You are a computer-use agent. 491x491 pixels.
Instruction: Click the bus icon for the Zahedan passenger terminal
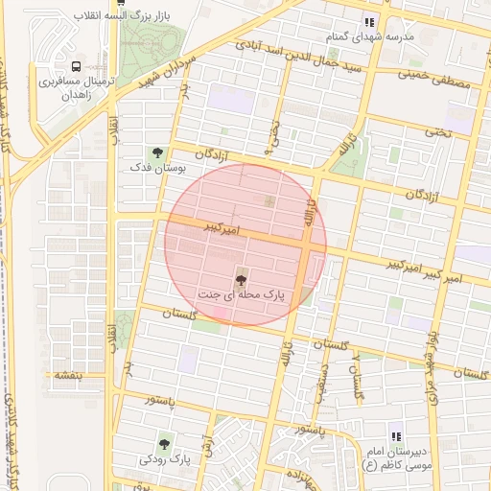tap(76, 66)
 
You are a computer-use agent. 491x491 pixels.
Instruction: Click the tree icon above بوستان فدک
tap(156, 152)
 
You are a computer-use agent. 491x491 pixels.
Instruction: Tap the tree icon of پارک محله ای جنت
tap(240, 280)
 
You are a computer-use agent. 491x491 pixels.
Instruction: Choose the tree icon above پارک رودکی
tap(165, 444)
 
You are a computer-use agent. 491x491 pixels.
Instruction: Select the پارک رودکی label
tap(165, 460)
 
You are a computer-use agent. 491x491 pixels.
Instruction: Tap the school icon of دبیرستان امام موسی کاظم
tap(395, 434)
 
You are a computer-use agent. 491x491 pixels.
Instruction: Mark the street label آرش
tap(207, 443)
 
